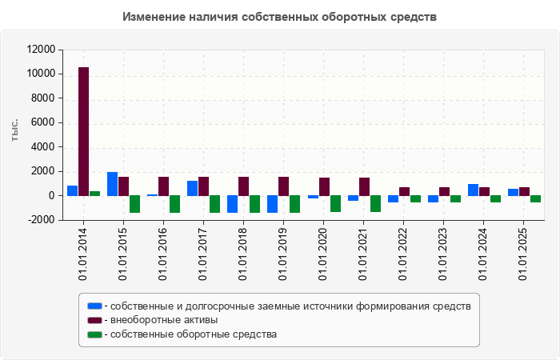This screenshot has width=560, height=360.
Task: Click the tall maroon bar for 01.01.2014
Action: click(83, 131)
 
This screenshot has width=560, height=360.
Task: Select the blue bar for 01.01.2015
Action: click(112, 184)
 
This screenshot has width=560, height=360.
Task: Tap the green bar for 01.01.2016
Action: click(174, 204)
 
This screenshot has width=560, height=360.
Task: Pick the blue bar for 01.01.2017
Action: click(192, 188)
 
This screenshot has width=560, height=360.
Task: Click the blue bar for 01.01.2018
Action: click(232, 204)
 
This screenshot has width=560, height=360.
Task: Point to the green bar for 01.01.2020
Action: click(335, 203)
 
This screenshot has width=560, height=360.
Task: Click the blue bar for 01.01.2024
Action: click(473, 190)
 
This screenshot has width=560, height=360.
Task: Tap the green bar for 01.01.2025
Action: click(535, 198)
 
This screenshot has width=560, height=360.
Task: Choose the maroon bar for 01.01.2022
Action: click(404, 191)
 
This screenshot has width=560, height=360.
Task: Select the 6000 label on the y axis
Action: click(43, 122)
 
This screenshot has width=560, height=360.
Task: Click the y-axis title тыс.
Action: click(14, 132)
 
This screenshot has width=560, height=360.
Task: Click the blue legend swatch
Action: click(94, 306)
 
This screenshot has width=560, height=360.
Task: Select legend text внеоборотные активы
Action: click(164, 320)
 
